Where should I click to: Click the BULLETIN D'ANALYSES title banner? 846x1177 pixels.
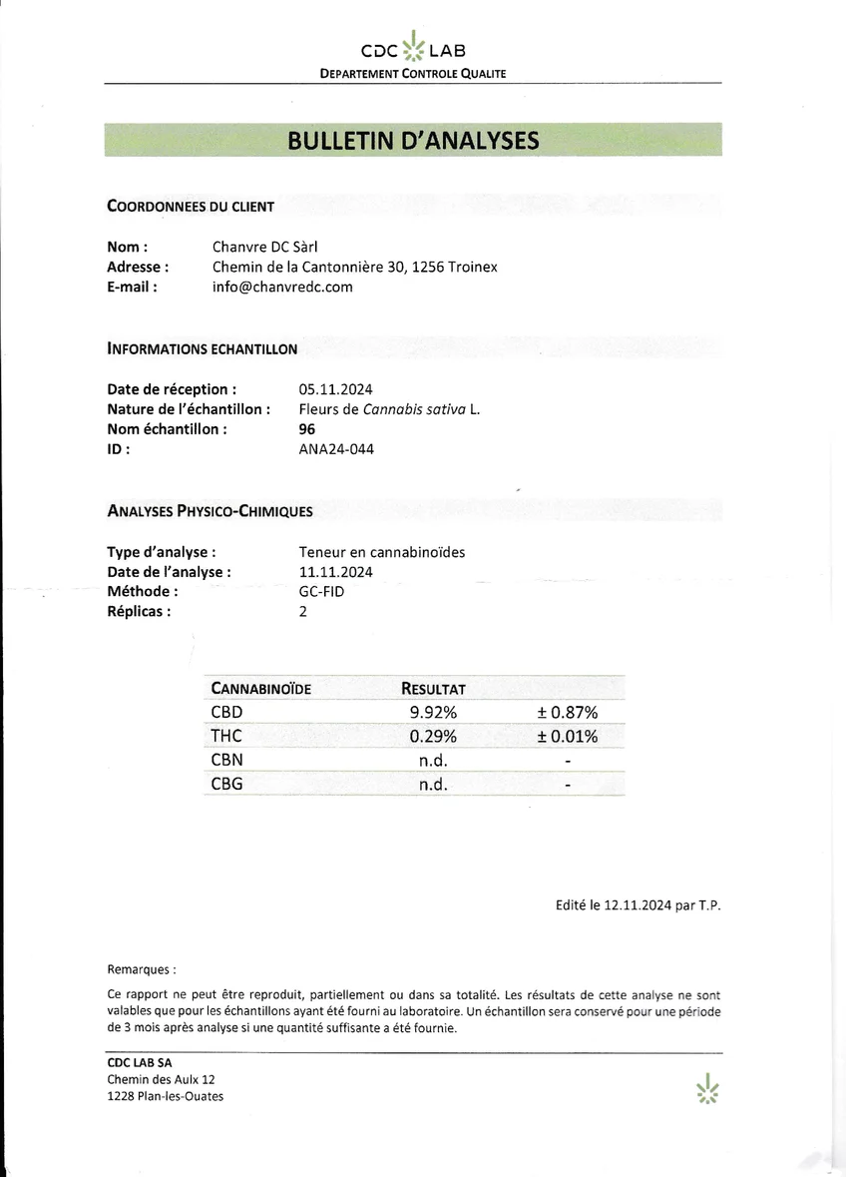click(x=413, y=140)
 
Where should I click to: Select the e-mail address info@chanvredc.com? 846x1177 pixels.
click(x=282, y=287)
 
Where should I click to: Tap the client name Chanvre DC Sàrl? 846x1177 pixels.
click(x=263, y=247)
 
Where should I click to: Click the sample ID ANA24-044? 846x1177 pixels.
click(x=336, y=449)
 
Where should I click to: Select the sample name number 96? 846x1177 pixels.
click(x=307, y=429)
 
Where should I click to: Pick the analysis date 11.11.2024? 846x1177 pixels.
click(x=335, y=572)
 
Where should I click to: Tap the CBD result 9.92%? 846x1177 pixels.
click(x=433, y=713)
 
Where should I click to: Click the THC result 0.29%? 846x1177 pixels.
click(x=433, y=737)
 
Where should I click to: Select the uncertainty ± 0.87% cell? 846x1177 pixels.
click(x=567, y=713)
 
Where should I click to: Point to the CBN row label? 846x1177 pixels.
click(x=226, y=761)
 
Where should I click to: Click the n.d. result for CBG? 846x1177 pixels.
click(x=433, y=785)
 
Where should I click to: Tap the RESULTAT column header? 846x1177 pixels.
click(x=433, y=689)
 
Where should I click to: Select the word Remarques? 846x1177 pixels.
click(x=141, y=969)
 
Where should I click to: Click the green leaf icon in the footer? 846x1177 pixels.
click(x=707, y=1088)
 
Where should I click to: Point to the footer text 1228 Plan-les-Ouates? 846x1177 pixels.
click(x=165, y=1096)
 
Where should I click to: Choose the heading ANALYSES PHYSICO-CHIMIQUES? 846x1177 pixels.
click(x=210, y=511)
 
